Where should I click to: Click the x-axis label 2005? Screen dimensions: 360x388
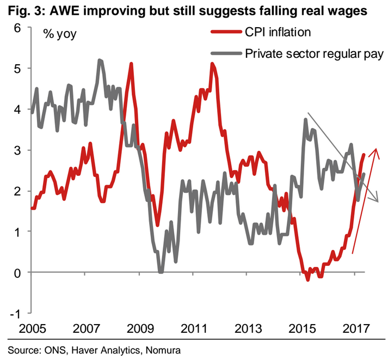click(32, 330)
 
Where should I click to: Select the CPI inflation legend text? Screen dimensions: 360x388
click(278, 32)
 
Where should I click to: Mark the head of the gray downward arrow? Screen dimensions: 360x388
click(375, 200)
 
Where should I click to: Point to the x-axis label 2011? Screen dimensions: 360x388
click(194, 330)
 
